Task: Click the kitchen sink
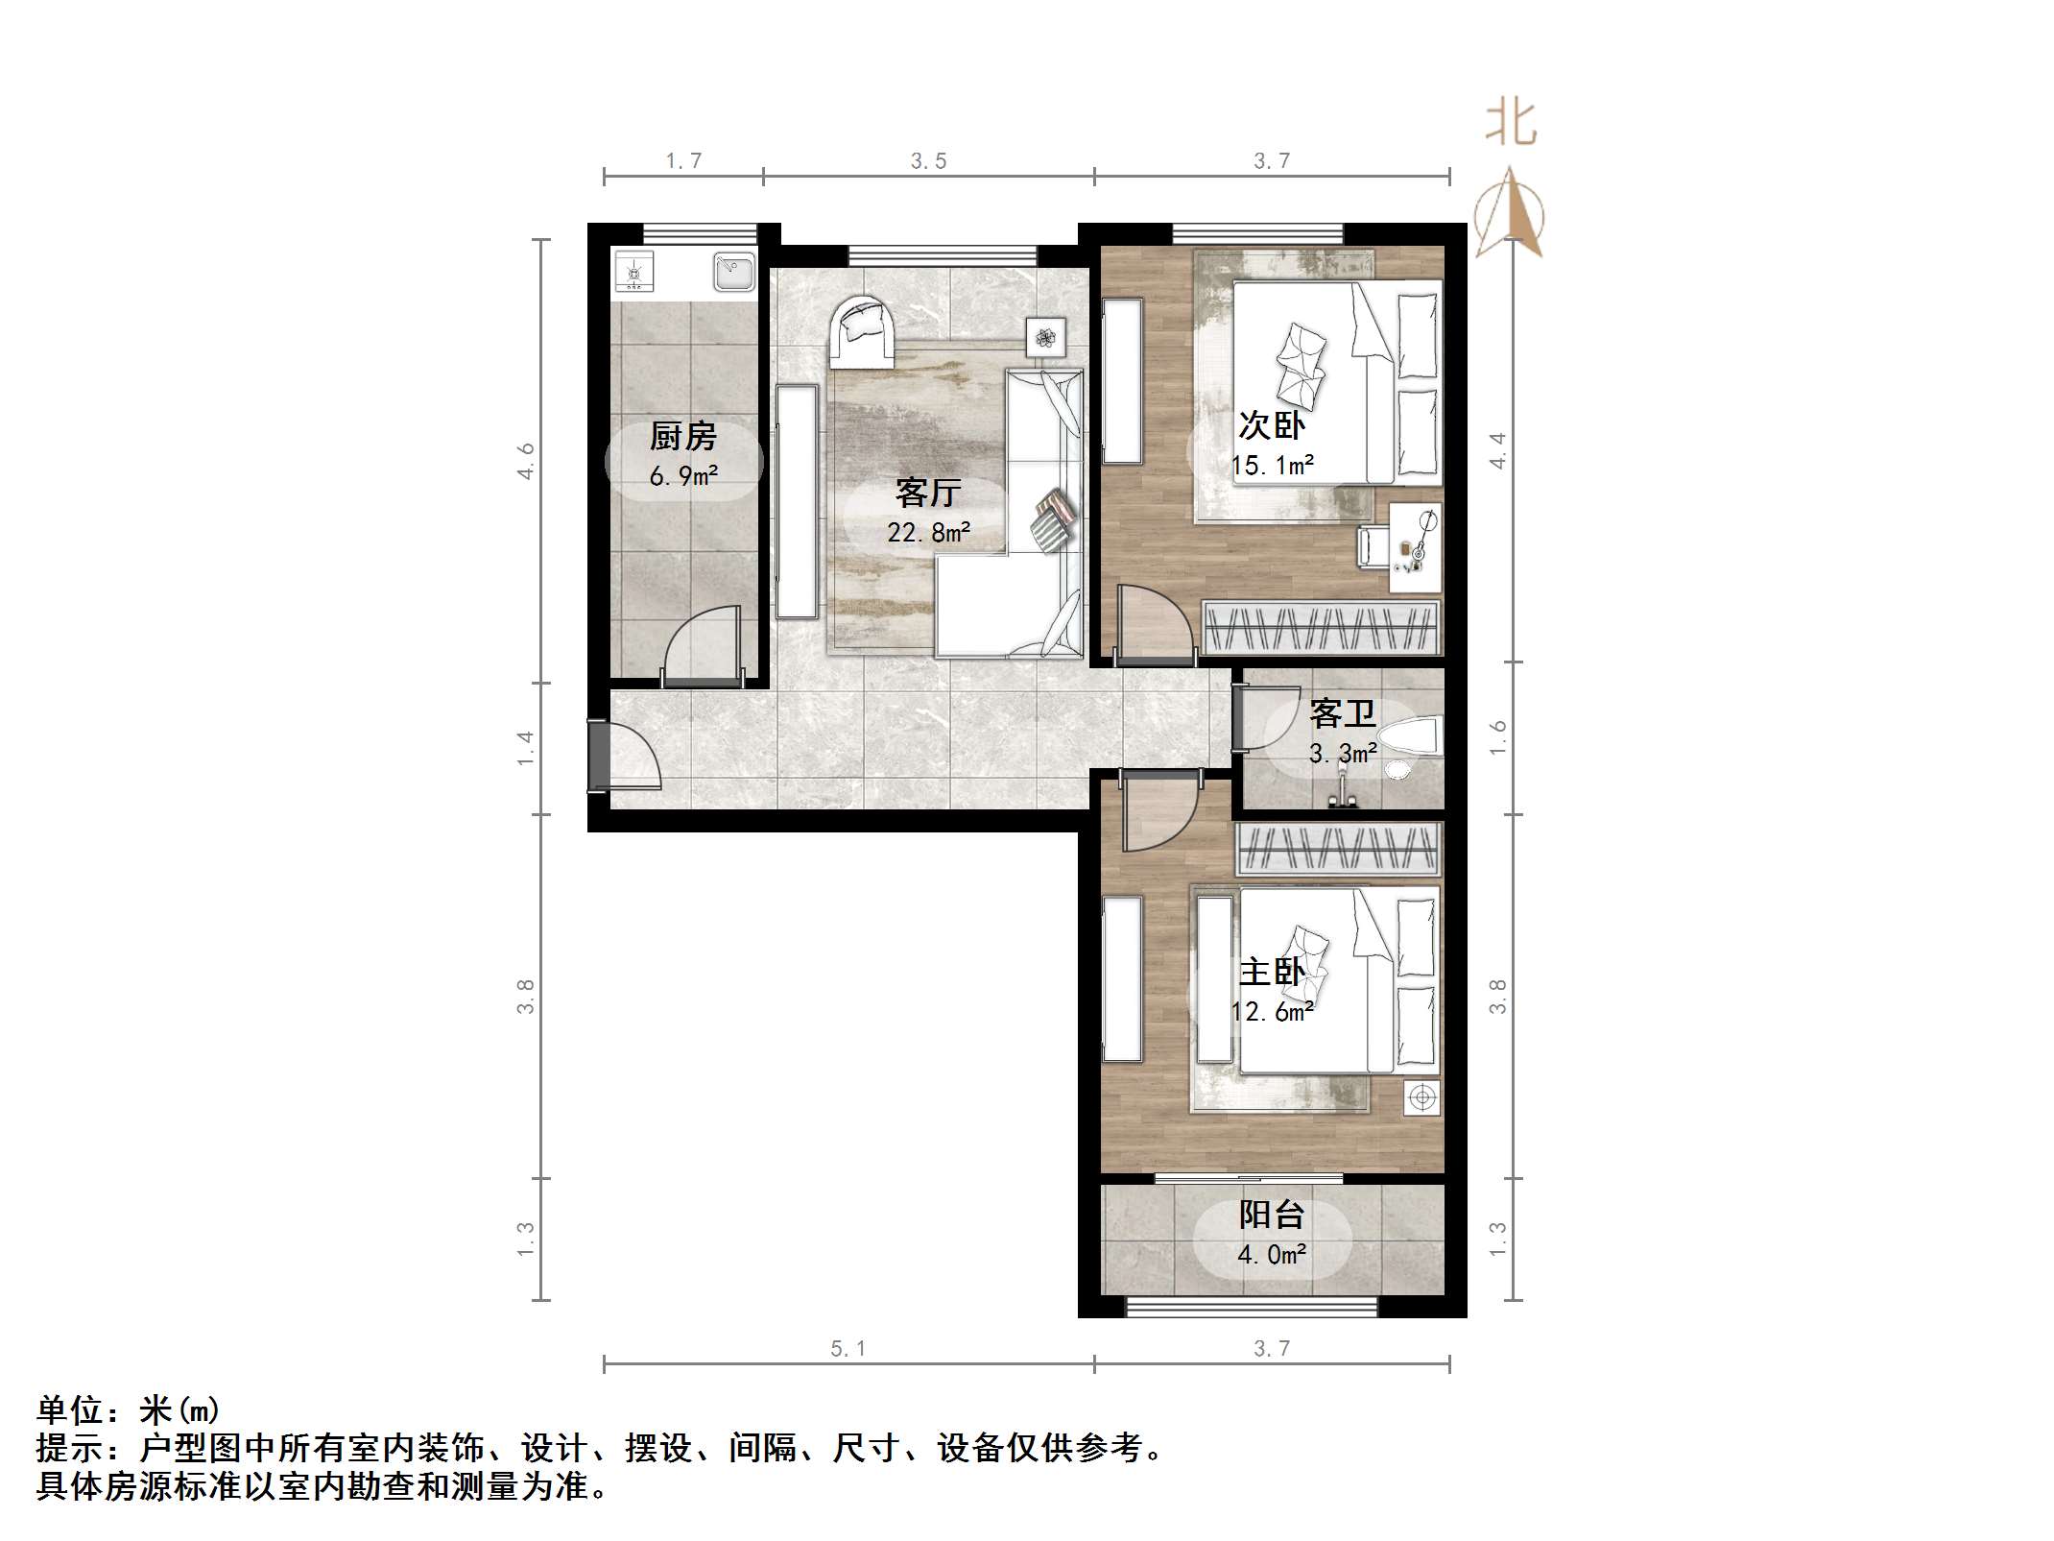pyautogui.click(x=734, y=271)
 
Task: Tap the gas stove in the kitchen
pyautogui.click(x=633, y=271)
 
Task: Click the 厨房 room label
pyautogui.click(x=683, y=437)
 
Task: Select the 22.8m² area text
pyautogui.click(x=928, y=532)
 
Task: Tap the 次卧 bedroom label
pyautogui.click(x=1272, y=425)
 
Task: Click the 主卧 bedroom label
pyautogui.click(x=1272, y=973)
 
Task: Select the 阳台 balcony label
pyautogui.click(x=1272, y=1215)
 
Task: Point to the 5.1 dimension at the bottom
pyautogui.click(x=848, y=1349)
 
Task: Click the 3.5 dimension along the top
pyautogui.click(x=928, y=161)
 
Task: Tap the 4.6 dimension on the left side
pyautogui.click(x=526, y=461)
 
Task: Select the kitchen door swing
pyautogui.click(x=703, y=648)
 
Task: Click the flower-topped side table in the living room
pyautogui.click(x=1045, y=337)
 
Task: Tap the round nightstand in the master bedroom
pyautogui.click(x=1421, y=1097)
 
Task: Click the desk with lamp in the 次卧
pyautogui.click(x=1416, y=547)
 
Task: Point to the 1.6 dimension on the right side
pyautogui.click(x=1498, y=737)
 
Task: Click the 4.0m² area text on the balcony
pyautogui.click(x=1272, y=1255)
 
